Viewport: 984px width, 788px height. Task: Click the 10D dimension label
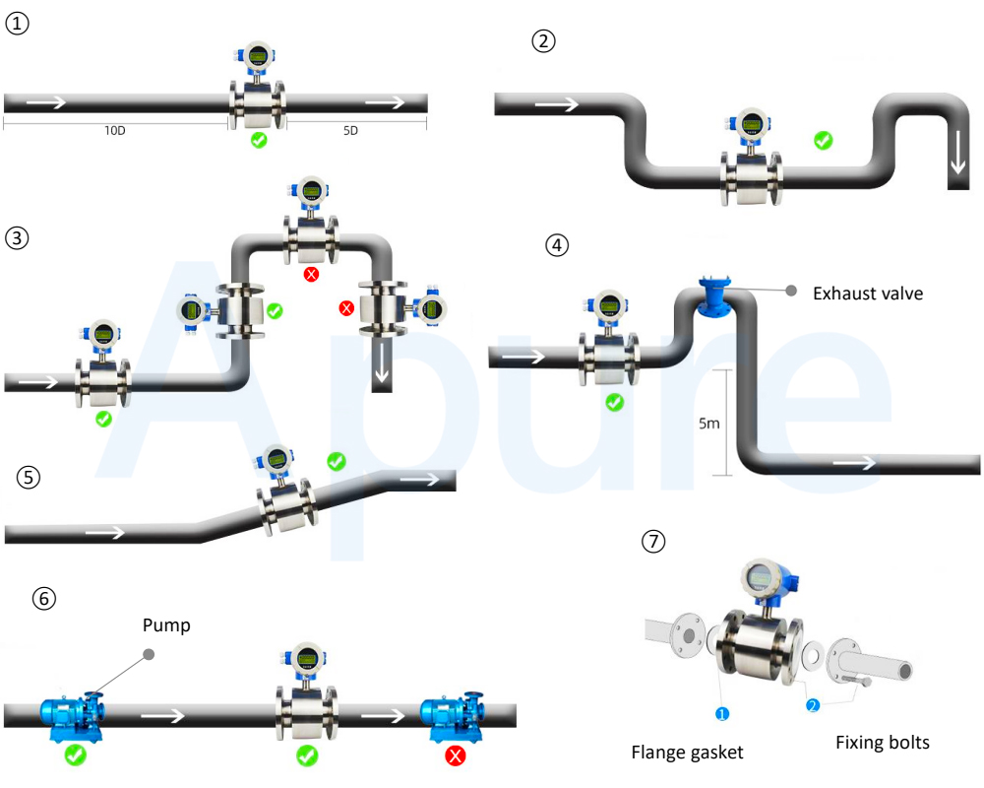click(115, 131)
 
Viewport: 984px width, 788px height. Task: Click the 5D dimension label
click(351, 131)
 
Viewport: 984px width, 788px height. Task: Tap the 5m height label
click(709, 424)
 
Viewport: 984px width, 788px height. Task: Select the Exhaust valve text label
click(868, 294)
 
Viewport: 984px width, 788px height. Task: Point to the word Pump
click(166, 625)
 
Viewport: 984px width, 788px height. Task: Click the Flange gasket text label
click(687, 753)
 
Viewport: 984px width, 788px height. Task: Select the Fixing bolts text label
click(883, 743)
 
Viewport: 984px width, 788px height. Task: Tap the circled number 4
click(557, 244)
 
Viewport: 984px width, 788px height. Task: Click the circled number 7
click(653, 541)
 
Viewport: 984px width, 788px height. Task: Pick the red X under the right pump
click(455, 755)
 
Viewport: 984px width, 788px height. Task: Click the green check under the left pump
click(76, 755)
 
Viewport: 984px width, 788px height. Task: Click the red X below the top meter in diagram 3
click(311, 274)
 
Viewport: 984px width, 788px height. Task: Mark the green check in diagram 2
click(824, 140)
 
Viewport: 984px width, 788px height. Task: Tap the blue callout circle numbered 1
click(722, 714)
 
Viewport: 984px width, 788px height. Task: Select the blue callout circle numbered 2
click(813, 705)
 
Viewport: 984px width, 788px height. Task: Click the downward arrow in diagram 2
click(958, 153)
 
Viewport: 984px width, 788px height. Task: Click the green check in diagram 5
click(337, 461)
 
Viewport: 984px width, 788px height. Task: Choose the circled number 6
click(44, 598)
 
